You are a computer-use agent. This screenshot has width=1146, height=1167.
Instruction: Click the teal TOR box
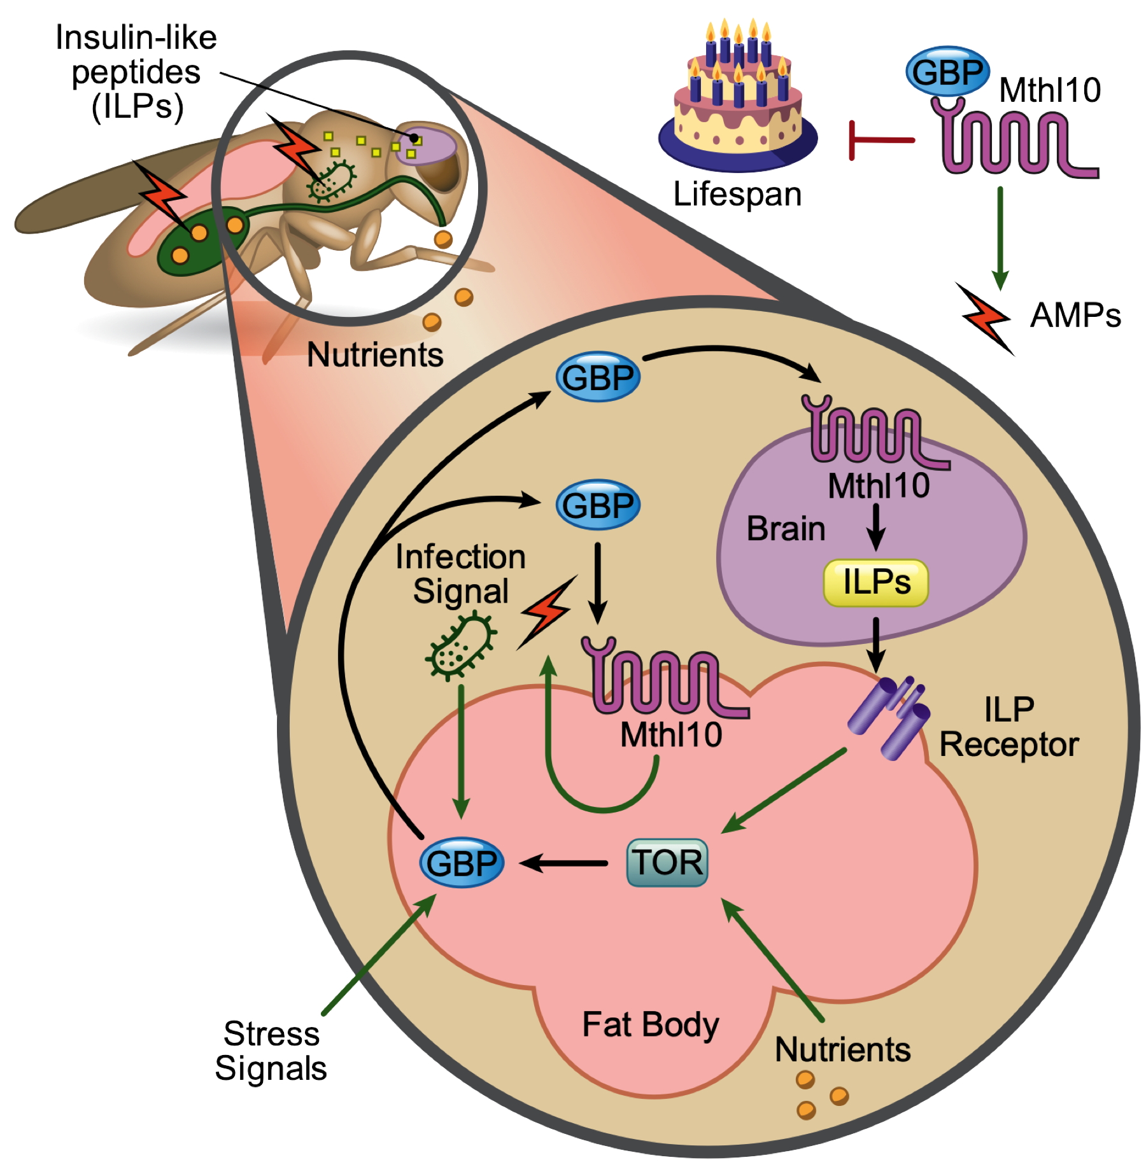pos(667,863)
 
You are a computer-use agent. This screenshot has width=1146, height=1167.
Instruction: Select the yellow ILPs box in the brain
pos(875,582)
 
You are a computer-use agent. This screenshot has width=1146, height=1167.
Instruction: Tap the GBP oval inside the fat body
pos(462,863)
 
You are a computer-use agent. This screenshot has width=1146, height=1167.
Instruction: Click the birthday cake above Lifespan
pos(738,108)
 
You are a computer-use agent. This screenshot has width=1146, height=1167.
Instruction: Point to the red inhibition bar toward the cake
pos(879,140)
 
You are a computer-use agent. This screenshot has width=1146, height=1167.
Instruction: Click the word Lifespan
pos(737,194)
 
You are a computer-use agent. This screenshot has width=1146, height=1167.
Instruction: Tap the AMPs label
pos(1075,316)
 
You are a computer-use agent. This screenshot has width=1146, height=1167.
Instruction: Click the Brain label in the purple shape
pos(786,529)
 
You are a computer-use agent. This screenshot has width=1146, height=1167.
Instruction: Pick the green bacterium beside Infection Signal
pos(460,645)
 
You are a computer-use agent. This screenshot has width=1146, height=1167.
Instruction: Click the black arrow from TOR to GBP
pos(563,863)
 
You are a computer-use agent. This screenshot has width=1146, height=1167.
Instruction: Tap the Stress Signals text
pos(271,1051)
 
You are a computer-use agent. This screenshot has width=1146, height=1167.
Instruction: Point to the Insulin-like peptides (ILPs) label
pos(136,72)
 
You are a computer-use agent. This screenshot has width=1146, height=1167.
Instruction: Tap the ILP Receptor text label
pos(1009,727)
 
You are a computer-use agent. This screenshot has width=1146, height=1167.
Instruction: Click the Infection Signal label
pos(460,574)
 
